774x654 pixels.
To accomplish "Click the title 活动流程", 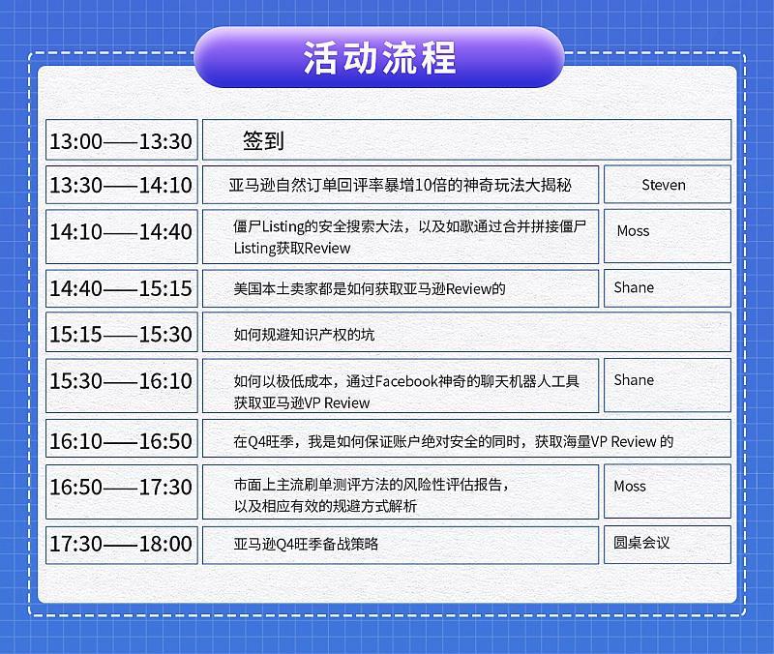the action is coord(379,58).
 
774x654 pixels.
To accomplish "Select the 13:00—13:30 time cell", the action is coord(122,139).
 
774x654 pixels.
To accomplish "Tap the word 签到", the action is coord(263,140).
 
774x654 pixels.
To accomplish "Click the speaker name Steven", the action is coord(664,185).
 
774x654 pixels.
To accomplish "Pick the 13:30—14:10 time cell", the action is coord(122,185).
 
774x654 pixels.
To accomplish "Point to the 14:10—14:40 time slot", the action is coord(122,236).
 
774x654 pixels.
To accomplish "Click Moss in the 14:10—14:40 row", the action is coord(633,231).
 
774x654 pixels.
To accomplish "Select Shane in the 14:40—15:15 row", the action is coord(634,287).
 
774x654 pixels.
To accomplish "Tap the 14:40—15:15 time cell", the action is coord(122,288).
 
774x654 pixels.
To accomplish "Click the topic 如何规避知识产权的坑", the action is coord(304,335).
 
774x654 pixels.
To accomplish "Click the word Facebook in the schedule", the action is coord(406,381).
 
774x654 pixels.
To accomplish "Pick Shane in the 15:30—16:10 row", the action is coord(634,380).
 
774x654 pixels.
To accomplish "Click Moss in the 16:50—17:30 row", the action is coord(630,487).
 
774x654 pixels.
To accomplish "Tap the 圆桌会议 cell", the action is coord(668,545).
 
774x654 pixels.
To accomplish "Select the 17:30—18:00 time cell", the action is coord(122,545).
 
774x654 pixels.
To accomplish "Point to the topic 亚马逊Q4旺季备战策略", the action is coord(306,544).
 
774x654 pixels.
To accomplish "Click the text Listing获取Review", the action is coord(292,248).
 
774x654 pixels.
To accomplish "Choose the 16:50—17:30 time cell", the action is coord(122,491).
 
